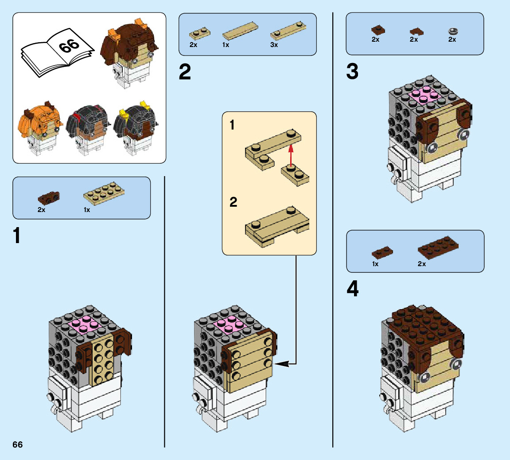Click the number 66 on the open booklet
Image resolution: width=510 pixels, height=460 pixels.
coord(68,45)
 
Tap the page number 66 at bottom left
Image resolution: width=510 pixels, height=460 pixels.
coord(18,445)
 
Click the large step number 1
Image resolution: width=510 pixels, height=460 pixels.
coord(17,236)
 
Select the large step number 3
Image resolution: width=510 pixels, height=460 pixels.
coord(352,72)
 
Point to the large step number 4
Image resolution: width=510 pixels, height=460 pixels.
coord(353,290)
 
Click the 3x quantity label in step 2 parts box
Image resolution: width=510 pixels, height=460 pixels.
coord(274,45)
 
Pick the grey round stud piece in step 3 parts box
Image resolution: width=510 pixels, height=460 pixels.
coord(452,31)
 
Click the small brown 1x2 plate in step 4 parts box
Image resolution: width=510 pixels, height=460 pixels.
coord(382,253)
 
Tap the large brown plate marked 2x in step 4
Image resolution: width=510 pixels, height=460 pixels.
coord(438,248)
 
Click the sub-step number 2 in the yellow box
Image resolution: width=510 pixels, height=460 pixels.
coord(234,202)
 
